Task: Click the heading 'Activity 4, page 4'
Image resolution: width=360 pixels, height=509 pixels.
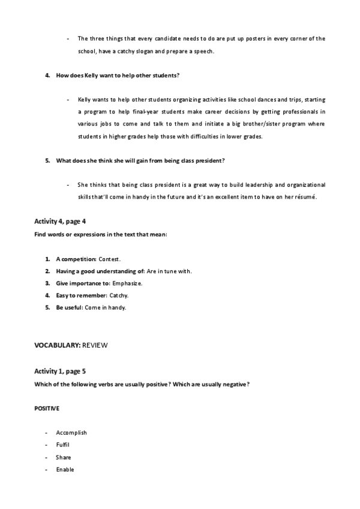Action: (60, 221)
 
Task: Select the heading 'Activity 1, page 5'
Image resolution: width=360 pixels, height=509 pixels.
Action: (60, 372)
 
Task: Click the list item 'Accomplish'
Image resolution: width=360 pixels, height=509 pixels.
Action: (71, 432)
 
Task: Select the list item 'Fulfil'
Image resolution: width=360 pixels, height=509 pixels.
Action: (64, 445)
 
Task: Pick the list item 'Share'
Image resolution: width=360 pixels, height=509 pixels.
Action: (64, 457)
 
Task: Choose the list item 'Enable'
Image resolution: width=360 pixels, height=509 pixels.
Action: (65, 469)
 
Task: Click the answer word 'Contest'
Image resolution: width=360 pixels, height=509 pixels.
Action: (110, 259)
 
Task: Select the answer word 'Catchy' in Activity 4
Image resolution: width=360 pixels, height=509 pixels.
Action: (119, 295)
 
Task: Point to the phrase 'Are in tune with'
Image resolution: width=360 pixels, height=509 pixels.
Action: (169, 271)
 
